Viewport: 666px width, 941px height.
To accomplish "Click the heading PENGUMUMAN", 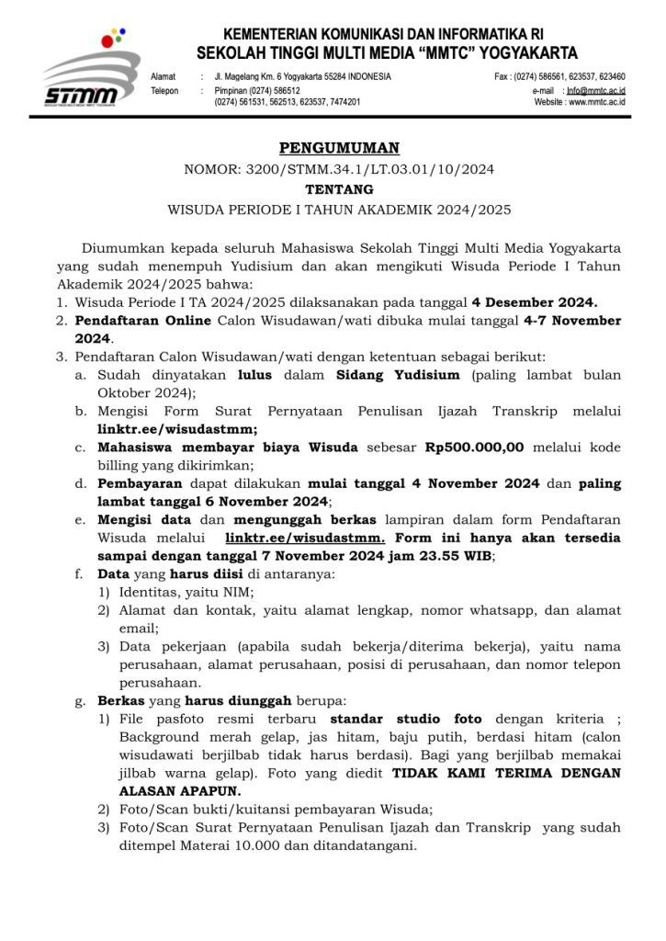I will pos(340,148).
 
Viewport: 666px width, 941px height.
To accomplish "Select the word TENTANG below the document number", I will pos(340,188).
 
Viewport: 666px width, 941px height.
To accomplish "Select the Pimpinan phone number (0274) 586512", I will pos(271,90).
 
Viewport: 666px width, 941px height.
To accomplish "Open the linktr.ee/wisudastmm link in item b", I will pos(177,429).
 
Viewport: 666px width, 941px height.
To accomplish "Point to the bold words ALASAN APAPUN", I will pos(178,789).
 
